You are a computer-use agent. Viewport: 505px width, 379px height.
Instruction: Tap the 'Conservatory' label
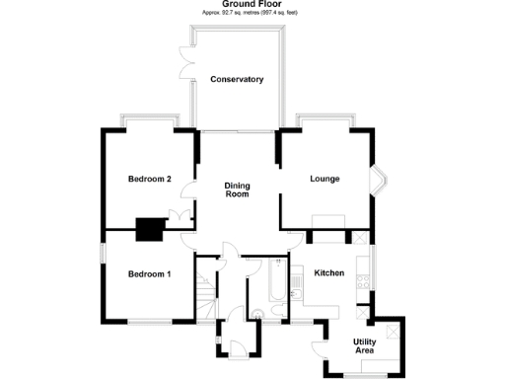(x=237, y=79)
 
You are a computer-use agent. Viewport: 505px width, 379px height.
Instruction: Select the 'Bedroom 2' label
(x=150, y=179)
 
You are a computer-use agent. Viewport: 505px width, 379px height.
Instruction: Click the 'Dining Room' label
(x=237, y=189)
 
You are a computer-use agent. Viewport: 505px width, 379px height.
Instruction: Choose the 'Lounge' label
(x=325, y=179)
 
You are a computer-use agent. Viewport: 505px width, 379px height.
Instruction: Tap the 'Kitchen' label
(x=329, y=272)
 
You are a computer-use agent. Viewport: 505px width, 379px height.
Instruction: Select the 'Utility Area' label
(x=364, y=346)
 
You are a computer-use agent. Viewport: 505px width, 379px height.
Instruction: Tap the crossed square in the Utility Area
(x=395, y=331)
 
